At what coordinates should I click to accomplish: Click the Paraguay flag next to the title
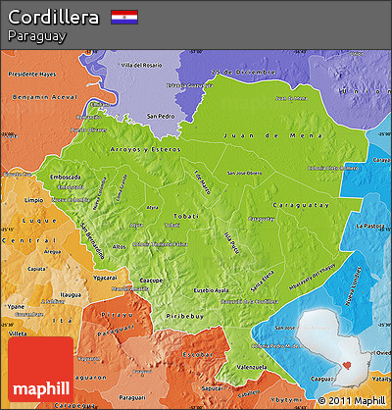123,17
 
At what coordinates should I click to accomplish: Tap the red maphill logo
38,373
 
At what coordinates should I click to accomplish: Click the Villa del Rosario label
143,65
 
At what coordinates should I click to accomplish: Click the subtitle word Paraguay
36,36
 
